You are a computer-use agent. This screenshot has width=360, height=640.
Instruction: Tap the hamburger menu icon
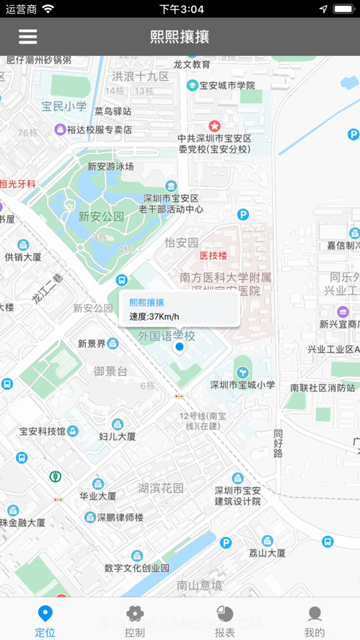click(28, 37)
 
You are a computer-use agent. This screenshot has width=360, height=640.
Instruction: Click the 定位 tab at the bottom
click(45, 620)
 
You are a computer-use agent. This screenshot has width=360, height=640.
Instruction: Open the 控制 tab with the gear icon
click(135, 620)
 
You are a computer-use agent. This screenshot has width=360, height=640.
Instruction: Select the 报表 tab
click(225, 620)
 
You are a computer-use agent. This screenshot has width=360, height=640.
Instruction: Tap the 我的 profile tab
click(314, 620)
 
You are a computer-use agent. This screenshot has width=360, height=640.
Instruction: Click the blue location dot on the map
click(180, 348)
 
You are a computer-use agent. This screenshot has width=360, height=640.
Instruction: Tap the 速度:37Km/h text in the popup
click(154, 316)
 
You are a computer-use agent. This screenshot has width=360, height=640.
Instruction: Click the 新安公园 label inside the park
click(101, 216)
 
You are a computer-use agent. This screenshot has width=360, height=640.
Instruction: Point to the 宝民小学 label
click(64, 107)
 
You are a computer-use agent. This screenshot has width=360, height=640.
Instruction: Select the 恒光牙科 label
click(18, 184)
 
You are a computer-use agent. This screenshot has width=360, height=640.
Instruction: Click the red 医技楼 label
click(214, 255)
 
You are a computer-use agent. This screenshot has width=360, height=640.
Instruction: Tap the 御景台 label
click(110, 371)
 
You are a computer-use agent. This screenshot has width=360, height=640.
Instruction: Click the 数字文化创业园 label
click(137, 568)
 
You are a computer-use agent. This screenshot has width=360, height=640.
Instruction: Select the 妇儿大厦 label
click(117, 436)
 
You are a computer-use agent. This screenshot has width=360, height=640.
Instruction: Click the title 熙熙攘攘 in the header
click(180, 37)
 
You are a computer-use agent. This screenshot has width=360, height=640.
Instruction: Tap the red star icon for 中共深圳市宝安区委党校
click(214, 126)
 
